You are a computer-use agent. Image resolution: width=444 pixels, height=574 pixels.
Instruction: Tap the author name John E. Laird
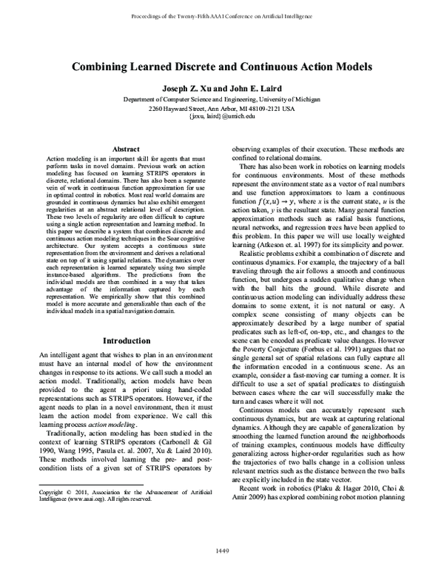(x=254, y=87)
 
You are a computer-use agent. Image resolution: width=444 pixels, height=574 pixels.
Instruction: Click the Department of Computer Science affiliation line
(x=222, y=98)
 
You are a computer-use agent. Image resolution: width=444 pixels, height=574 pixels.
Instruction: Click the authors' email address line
(x=222, y=116)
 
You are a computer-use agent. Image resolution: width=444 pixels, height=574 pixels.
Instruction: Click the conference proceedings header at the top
(x=222, y=15)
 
